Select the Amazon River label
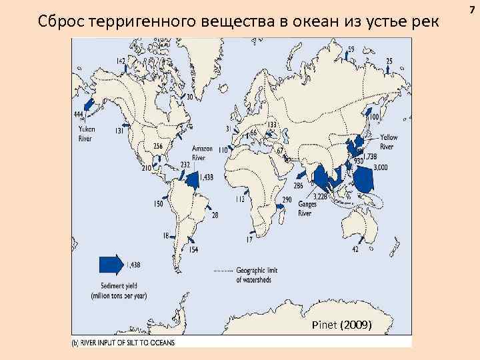(x=202, y=153)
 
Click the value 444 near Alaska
(x=79, y=115)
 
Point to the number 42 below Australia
(x=355, y=249)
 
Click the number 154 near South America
(x=193, y=249)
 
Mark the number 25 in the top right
(x=389, y=61)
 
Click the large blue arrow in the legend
(x=109, y=264)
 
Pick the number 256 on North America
(x=158, y=146)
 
